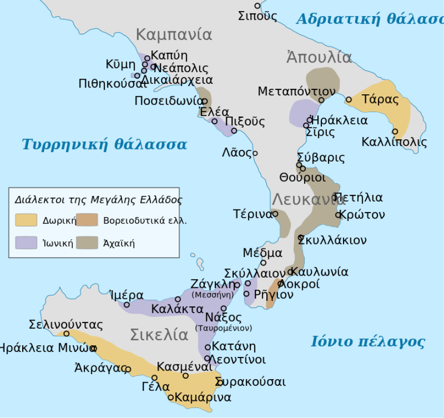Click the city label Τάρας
coord(380,99)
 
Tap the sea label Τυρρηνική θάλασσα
coord(104,145)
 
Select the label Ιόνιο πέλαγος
coord(367,342)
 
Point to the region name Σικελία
coord(159,335)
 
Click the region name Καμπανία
coord(174,35)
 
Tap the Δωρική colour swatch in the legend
coord(26,220)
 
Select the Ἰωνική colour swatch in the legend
coord(26,243)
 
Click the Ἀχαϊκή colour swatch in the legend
coord(87,243)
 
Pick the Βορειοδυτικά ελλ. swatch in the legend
coord(87,220)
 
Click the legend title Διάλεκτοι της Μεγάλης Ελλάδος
coord(98,199)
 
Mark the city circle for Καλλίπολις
coord(395,132)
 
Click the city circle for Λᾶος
coord(255,153)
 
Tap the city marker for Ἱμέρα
coord(127,304)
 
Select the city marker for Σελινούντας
coord(66,334)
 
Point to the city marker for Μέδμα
coord(263,263)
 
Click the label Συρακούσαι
coord(251,382)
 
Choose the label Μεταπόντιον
coord(296,91)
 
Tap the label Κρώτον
coord(362,215)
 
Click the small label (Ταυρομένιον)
coord(223,328)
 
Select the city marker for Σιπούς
coord(257,6)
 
